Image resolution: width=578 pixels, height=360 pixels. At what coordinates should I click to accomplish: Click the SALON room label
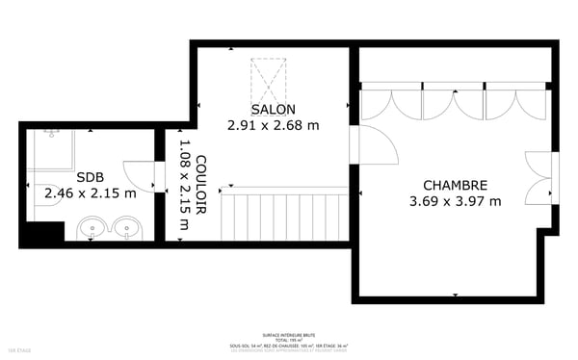tap(273, 109)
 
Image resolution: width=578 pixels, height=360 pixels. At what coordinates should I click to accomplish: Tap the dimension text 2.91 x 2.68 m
tap(273, 125)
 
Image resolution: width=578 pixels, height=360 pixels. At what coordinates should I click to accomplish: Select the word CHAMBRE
tap(455, 185)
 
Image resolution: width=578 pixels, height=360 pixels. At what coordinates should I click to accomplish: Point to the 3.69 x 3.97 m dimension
tap(455, 201)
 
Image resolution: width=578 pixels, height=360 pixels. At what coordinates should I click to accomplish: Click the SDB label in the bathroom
tap(90, 177)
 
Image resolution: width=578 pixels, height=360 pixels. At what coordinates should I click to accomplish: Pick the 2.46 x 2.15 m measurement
tap(90, 193)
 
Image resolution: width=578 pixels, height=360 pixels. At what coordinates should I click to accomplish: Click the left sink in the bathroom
tap(92, 229)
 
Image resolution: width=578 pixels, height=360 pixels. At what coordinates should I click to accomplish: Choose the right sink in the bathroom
tap(127, 229)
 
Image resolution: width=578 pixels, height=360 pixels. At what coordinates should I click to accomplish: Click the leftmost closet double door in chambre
tap(391, 103)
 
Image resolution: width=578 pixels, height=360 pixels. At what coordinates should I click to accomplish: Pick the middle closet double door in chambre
tap(453, 103)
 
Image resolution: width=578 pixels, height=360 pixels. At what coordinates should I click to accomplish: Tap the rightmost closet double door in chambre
tap(514, 103)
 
